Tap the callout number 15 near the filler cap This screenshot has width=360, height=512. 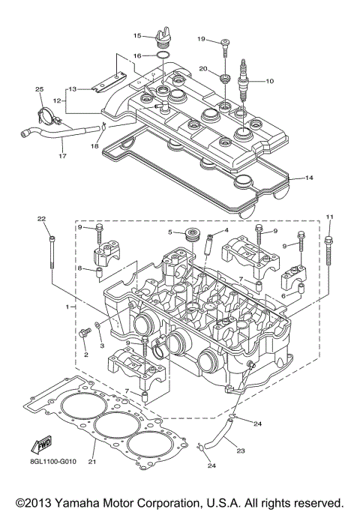coord(137,35)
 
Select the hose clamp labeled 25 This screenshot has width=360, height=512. coord(46,118)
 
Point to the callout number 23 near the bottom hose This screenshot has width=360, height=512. coord(241,451)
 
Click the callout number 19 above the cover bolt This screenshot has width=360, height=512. coord(201,38)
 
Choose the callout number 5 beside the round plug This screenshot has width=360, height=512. coord(170,232)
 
